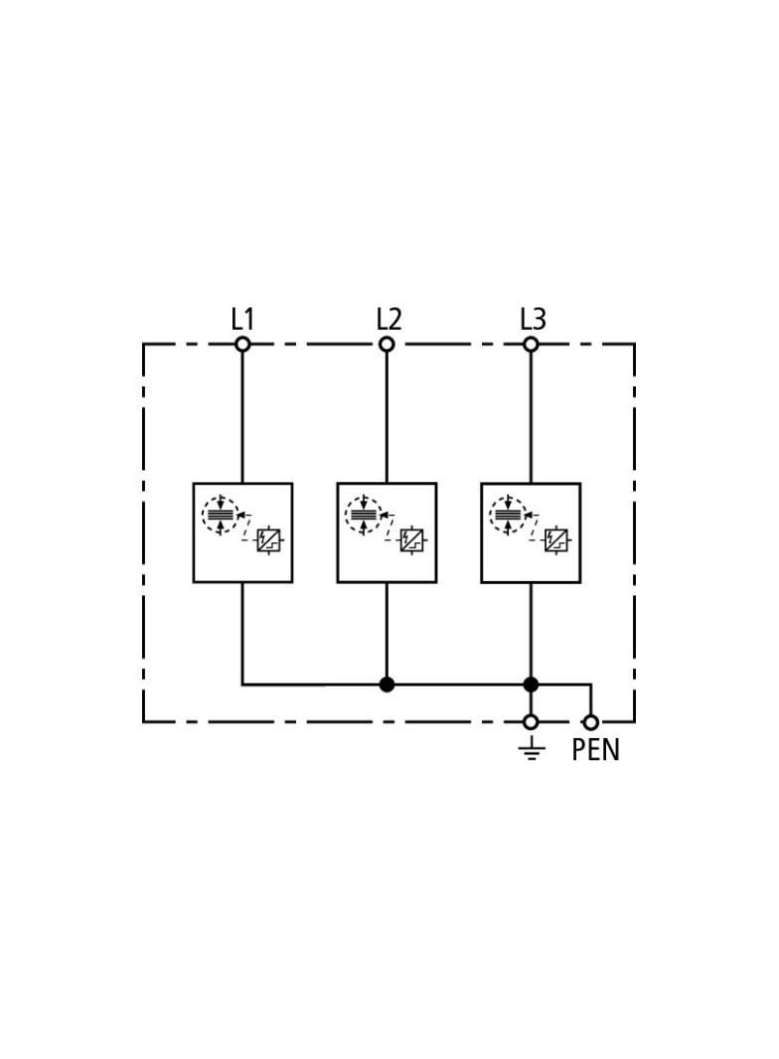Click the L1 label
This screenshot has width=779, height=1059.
(241, 320)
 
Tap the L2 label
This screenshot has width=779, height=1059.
(389, 320)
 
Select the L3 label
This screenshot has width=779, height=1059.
(533, 320)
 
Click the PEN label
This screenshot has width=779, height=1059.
(595, 750)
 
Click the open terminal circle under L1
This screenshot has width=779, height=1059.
(242, 345)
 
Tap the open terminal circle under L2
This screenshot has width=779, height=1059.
(387, 345)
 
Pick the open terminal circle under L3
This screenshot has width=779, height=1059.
(531, 345)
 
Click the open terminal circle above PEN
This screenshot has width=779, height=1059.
(591, 722)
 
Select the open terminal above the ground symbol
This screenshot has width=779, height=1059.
(531, 722)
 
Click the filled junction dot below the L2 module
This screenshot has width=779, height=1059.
(387, 684)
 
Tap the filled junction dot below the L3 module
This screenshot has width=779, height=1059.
(531, 684)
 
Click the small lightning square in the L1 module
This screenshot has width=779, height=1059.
(268, 540)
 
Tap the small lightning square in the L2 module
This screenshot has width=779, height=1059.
(411, 540)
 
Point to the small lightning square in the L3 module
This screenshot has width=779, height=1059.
(556, 540)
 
